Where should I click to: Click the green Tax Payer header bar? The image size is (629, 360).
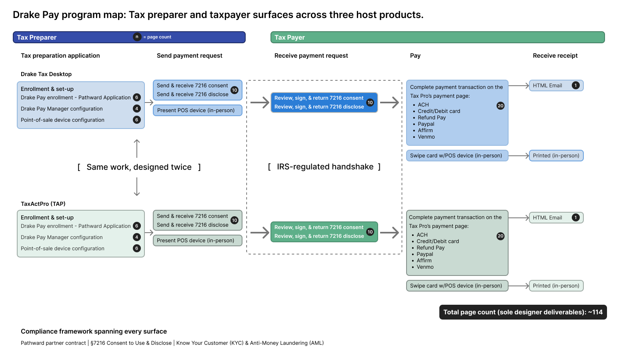coord(437,37)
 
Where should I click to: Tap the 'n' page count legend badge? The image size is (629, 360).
coord(137,37)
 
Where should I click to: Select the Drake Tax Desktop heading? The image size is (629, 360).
coord(46,74)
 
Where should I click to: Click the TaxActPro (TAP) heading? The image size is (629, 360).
coord(43,204)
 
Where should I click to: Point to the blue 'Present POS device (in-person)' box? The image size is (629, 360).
coord(197,110)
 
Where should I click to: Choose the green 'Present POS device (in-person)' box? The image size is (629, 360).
coord(197,240)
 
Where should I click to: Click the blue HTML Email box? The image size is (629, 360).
coord(556,85)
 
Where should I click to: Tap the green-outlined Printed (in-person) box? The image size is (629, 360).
coord(556,286)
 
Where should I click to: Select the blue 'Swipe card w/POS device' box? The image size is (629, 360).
coord(457,155)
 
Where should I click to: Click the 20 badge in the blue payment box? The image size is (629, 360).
coord(500,106)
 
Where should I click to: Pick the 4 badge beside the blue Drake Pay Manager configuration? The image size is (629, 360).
coord(136,109)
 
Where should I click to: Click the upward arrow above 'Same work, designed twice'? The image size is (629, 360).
coord(137,148)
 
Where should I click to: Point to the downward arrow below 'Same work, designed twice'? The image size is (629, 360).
coord(137,187)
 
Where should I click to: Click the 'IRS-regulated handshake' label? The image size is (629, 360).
coord(325,167)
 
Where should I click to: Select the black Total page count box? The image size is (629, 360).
coord(523,312)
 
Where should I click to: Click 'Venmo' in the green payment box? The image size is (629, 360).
coord(425,267)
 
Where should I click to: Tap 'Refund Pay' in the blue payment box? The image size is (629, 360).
coord(431,117)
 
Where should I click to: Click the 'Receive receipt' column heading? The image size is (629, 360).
coord(555,56)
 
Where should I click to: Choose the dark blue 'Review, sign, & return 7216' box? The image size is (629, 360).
coord(324,102)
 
